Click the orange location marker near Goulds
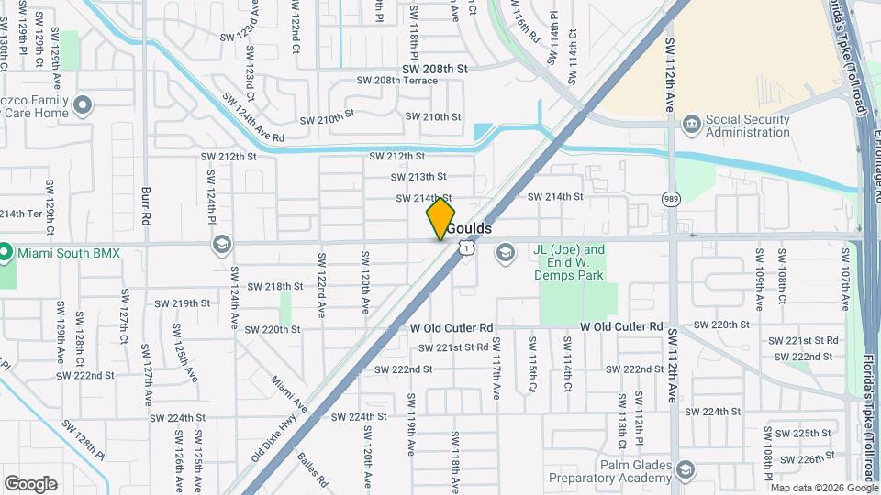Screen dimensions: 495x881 440,219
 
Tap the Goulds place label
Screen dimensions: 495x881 470,228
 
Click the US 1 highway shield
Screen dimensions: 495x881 467,247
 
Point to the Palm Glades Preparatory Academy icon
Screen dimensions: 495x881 685,471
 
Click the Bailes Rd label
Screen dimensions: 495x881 311,467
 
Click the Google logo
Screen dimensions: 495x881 30,484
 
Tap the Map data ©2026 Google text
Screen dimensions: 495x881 825,487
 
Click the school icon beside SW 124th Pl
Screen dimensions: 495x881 220,244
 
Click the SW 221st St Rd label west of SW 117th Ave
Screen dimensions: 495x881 454,347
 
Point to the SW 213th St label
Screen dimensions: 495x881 418,177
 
